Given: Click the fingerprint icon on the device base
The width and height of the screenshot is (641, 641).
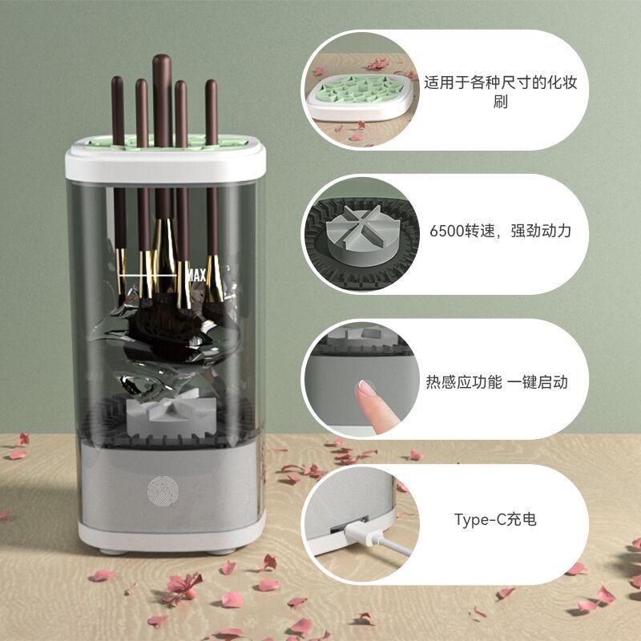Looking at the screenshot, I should tap(159, 490).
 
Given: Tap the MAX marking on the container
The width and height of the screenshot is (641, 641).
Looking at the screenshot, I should tap(196, 276).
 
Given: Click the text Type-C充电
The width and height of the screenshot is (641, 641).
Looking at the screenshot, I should tap(494, 519).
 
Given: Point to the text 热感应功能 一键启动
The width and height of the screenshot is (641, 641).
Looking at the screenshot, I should tap(496, 382).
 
